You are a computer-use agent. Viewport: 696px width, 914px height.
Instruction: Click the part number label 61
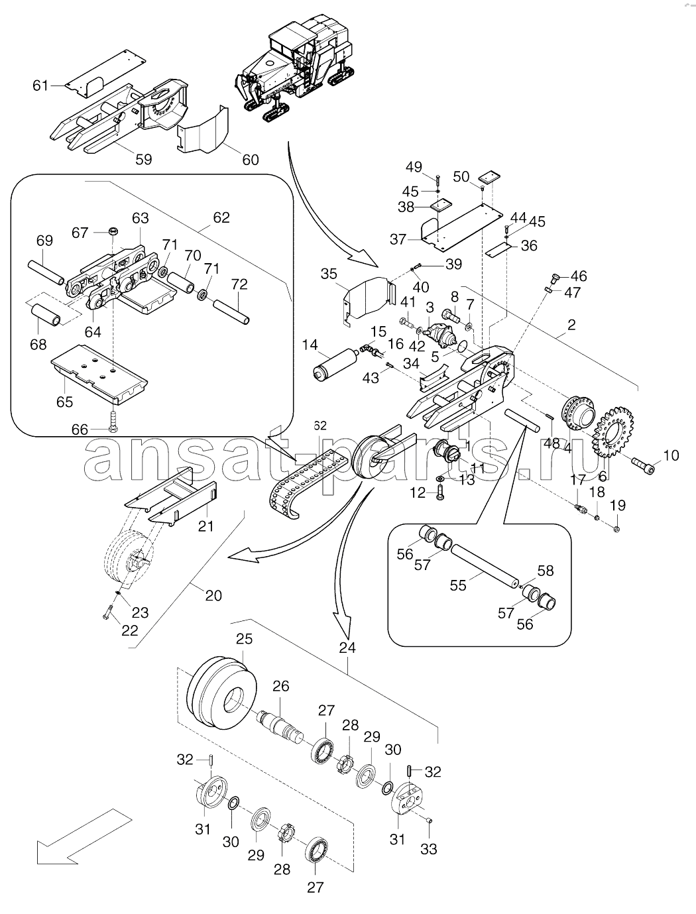tap(40, 86)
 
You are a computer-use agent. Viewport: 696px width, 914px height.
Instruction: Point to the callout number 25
tap(245, 639)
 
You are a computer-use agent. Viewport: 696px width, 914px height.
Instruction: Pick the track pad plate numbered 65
tap(99, 372)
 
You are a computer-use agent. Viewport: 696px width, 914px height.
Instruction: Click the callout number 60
tap(250, 159)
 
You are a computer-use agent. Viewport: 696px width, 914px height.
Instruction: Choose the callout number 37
tap(398, 239)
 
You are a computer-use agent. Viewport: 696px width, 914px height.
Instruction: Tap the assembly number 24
tap(347, 648)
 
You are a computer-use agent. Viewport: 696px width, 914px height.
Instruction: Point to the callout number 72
tap(239, 284)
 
